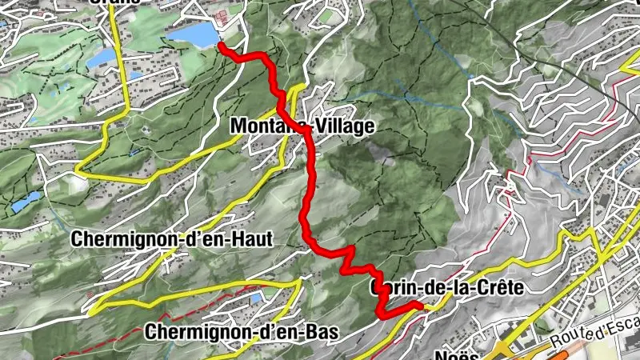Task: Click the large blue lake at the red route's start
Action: click(194, 34)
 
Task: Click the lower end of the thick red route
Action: click(420, 306)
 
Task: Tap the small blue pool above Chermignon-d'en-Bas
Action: click(255, 298)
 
